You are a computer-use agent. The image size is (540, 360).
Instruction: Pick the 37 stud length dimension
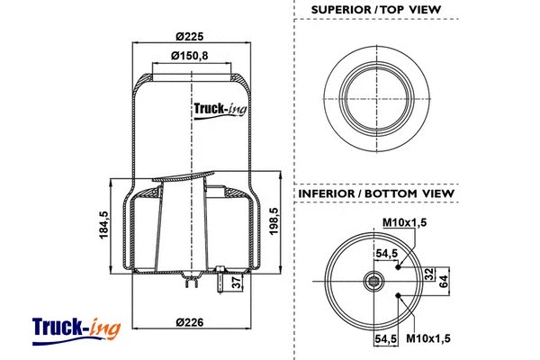click(x=237, y=283)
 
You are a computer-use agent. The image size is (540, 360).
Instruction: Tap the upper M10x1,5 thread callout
click(x=404, y=223)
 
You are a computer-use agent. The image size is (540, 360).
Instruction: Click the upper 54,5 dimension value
click(x=387, y=254)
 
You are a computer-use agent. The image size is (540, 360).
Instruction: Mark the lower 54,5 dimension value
click(x=387, y=339)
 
